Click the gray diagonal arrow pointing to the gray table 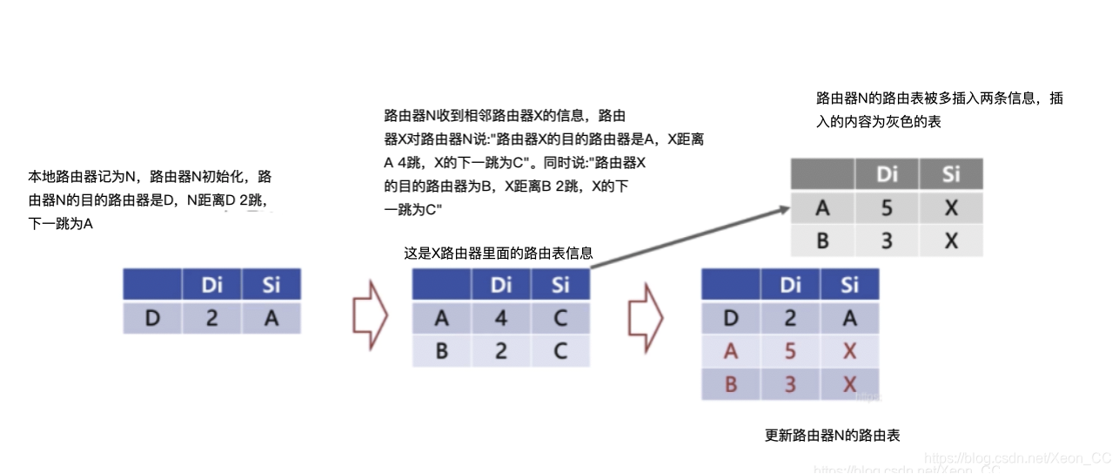coord(687,234)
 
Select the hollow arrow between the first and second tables coord(370,315)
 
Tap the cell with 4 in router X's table coord(501,318)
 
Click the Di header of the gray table coord(887,174)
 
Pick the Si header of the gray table coord(950,174)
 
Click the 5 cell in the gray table coord(887,208)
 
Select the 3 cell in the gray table coord(887,240)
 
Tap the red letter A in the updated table coord(731,351)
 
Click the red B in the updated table coord(731,383)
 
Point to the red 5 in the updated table coord(790,351)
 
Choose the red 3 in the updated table coord(790,383)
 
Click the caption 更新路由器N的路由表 coord(831,435)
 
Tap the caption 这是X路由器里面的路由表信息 coord(499,254)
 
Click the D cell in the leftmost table coord(152,318)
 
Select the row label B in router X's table coord(441,350)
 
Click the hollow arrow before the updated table coord(646,315)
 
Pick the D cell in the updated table coord(731,318)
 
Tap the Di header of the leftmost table coord(212,285)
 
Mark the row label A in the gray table coord(822,208)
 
